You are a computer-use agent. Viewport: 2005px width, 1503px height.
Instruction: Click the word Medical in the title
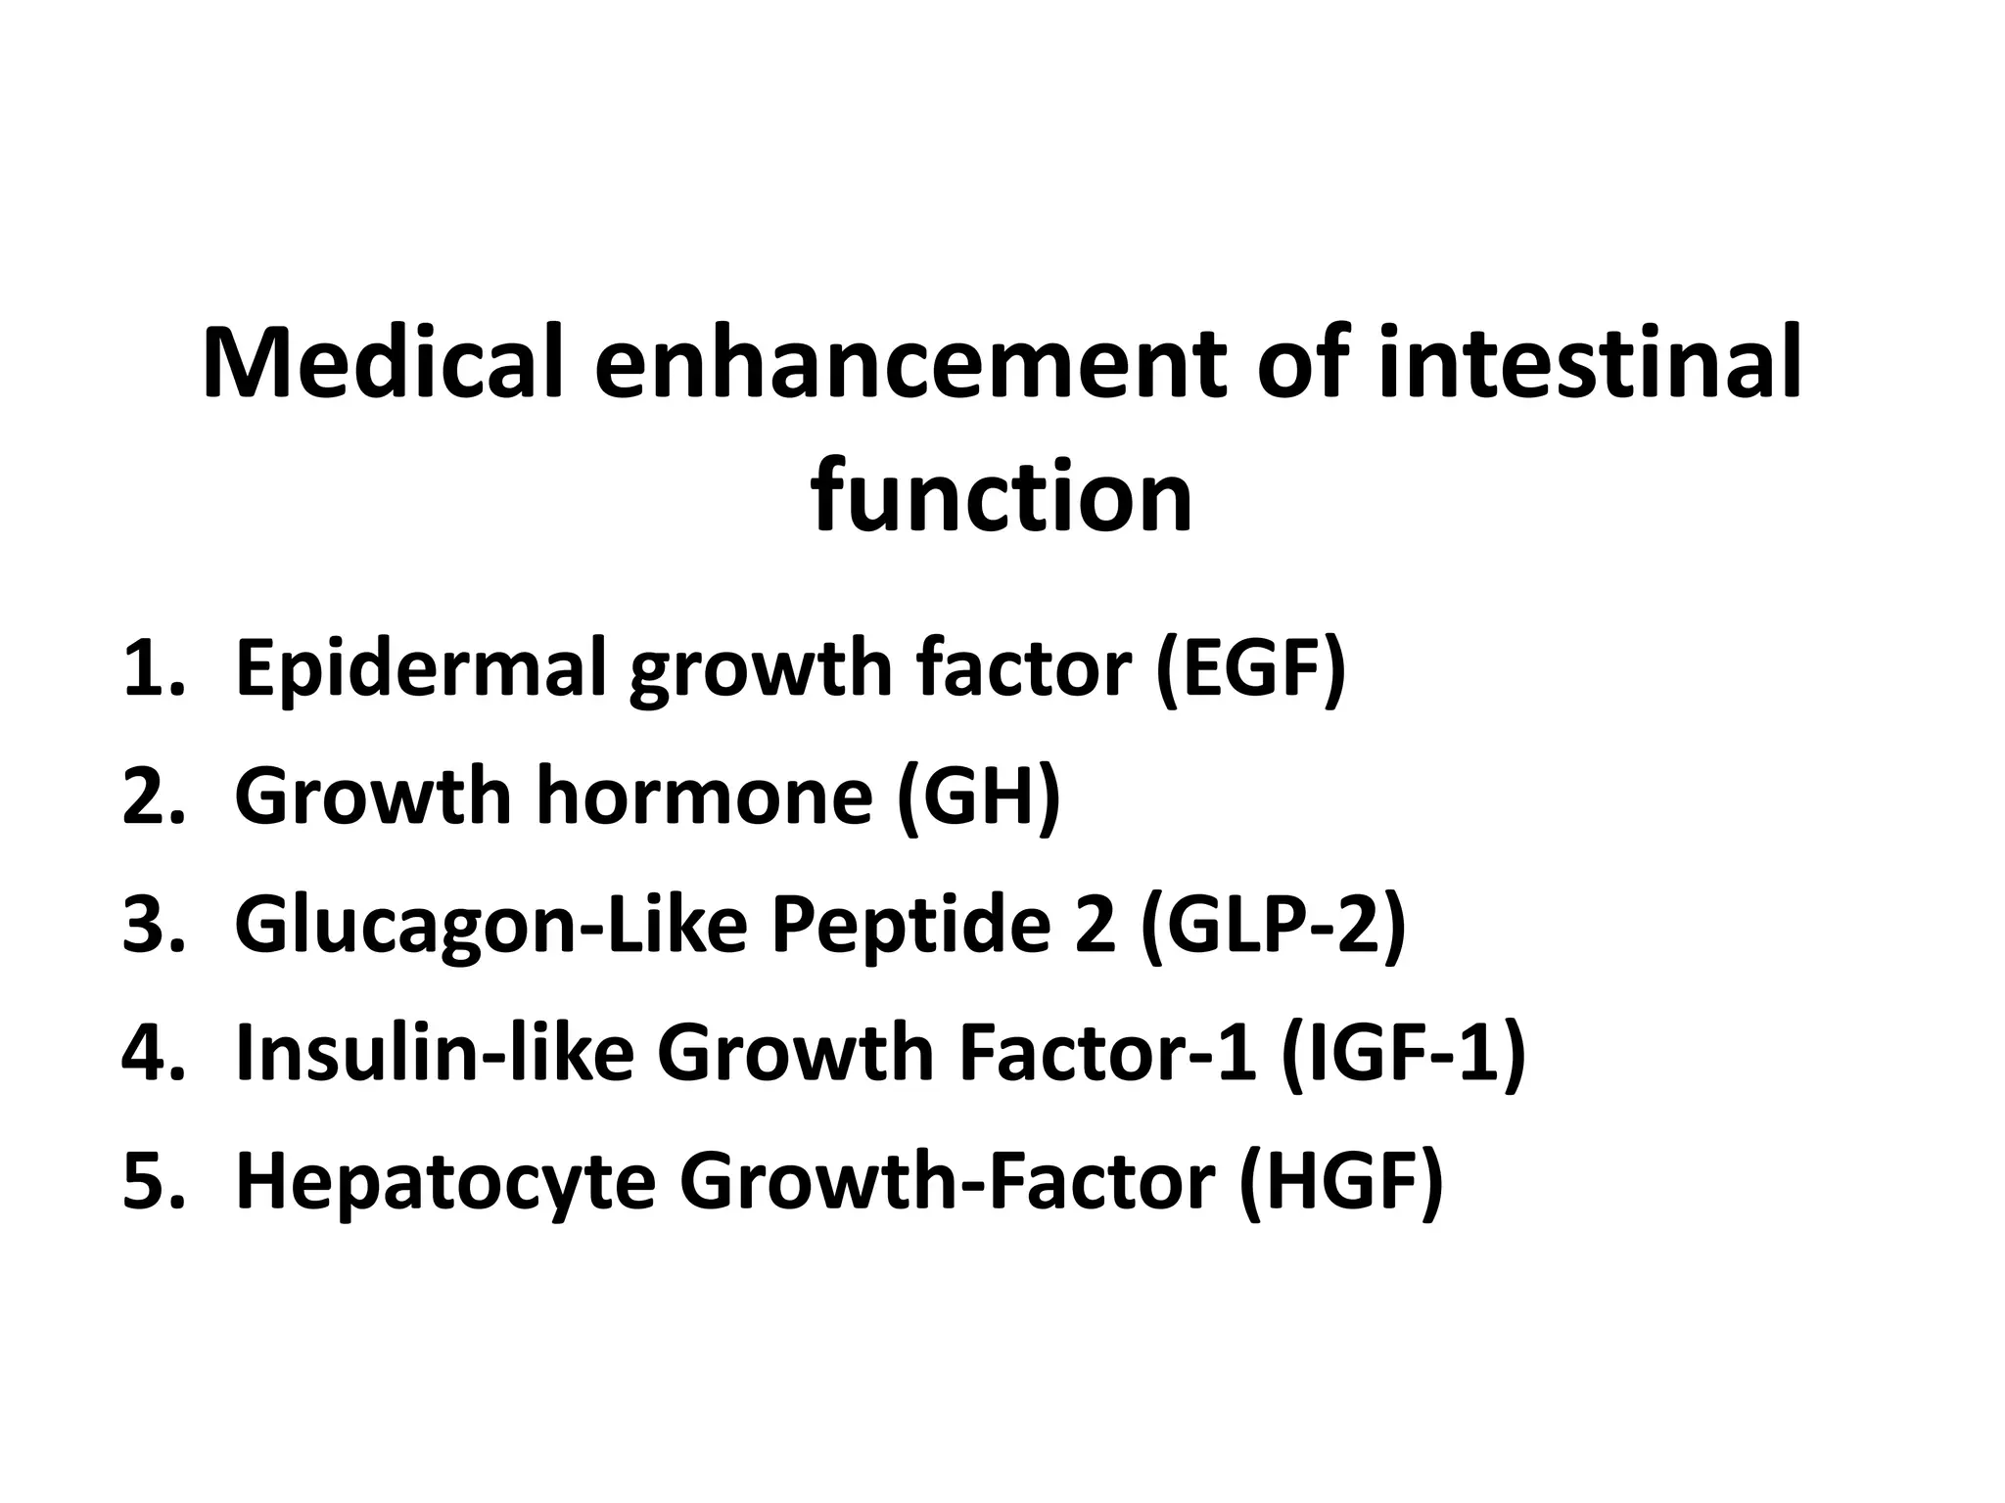383,362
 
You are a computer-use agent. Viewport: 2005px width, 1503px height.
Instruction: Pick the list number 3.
153,925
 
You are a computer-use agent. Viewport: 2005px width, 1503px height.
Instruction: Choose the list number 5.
153,1181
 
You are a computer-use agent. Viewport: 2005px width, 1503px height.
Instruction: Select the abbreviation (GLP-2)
1273,927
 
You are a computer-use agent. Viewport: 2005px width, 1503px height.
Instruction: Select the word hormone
704,797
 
